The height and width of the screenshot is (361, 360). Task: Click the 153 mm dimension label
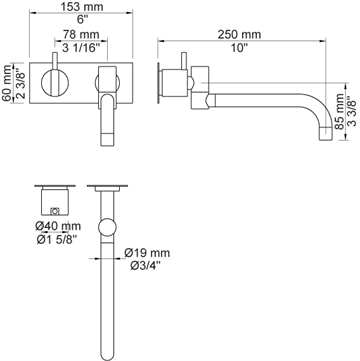pos(81,6)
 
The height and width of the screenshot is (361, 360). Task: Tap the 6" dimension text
pos(81,19)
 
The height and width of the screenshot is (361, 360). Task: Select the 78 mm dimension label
pos(81,34)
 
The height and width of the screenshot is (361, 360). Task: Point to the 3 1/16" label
pos(81,48)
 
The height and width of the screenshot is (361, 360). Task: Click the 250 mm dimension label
pos(239,34)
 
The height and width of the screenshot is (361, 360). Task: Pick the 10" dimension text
pos(240,48)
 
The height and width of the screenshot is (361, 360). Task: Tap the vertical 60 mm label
pos(6,83)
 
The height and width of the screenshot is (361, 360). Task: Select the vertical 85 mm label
pos(340,111)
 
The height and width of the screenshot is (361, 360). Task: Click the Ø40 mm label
pos(58,226)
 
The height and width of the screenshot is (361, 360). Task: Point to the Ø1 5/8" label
pos(57,239)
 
